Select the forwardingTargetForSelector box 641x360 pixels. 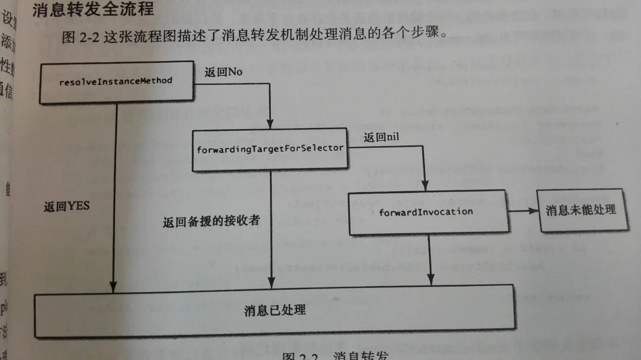(x=270, y=149)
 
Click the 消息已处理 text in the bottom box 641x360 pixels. (x=275, y=310)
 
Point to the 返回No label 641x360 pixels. (x=223, y=72)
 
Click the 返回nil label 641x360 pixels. (x=381, y=137)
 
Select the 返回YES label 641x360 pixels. (x=67, y=207)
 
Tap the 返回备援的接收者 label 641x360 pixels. (x=211, y=221)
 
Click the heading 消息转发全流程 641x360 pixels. (x=93, y=9)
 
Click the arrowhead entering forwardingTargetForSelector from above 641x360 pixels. (x=270, y=124)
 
